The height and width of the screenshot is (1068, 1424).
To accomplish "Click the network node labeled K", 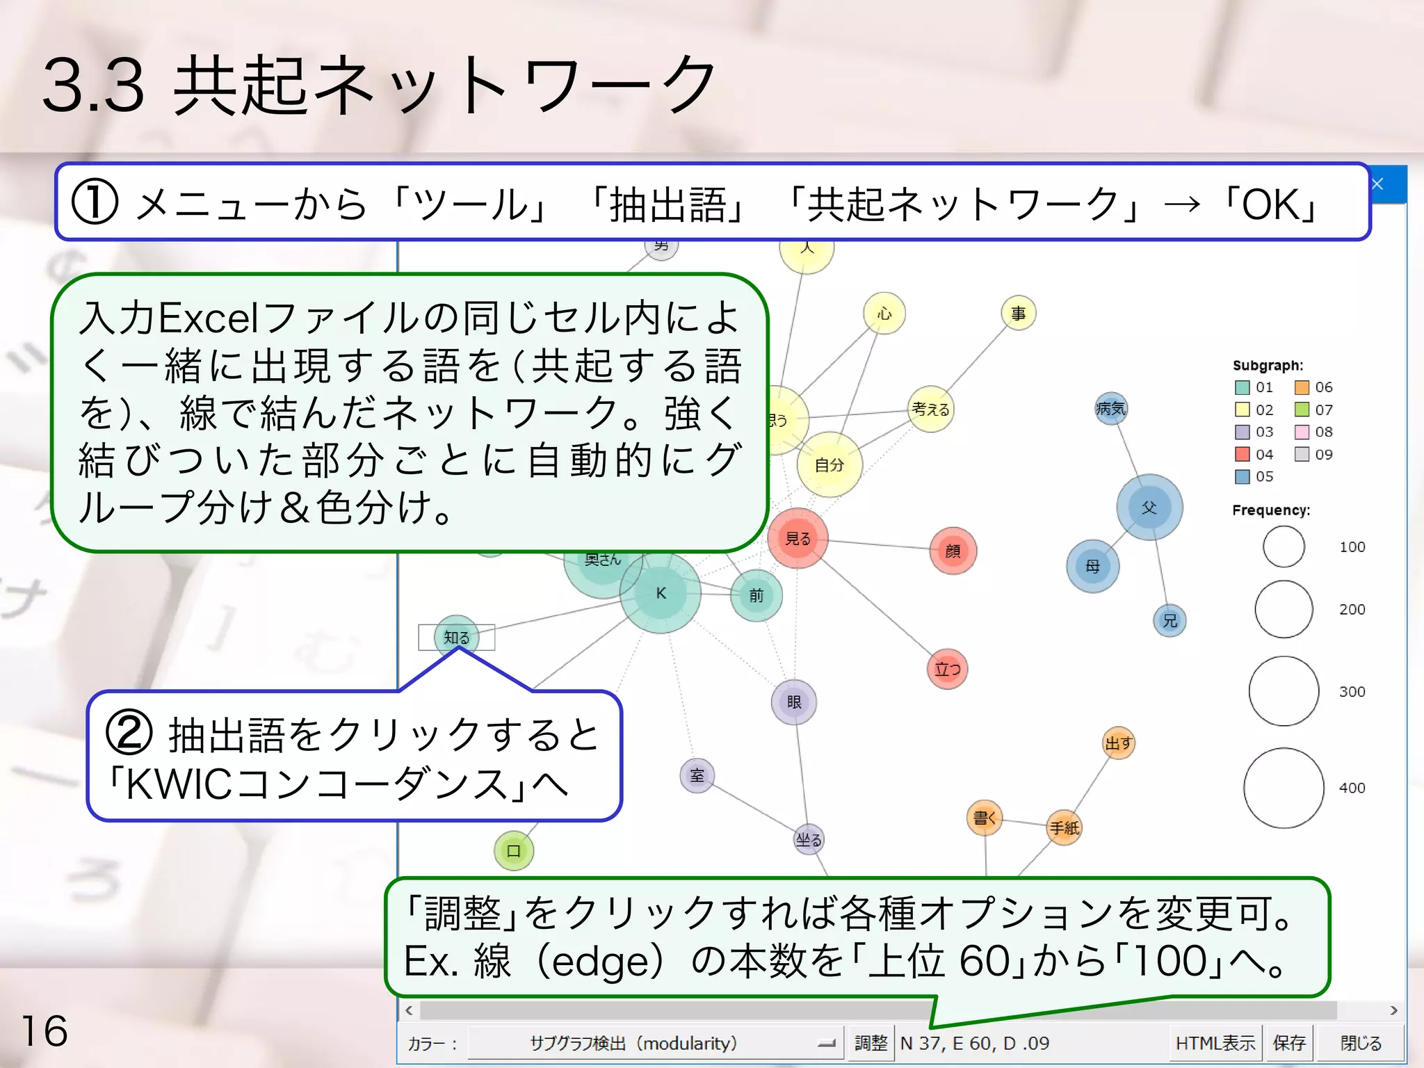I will coord(661,593).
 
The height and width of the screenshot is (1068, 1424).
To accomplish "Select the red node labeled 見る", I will coord(798,538).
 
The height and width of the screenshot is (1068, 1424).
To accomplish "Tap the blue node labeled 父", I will coord(1149,508).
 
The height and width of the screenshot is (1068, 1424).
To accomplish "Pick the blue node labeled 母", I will coord(1092,566).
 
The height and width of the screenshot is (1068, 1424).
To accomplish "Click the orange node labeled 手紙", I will coord(1064,827).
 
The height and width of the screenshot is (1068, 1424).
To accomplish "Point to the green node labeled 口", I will coord(514,850).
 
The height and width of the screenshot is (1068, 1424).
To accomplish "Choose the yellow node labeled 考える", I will coord(930,410).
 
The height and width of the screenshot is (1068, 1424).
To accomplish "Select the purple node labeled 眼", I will coord(794,702).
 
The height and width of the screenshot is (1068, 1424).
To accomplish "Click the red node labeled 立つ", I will coord(947,669).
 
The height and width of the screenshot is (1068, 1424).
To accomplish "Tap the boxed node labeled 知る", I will coord(457,637).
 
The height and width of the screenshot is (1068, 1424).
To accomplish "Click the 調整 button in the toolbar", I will coord(871,1043).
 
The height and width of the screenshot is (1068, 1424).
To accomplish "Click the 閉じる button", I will coord(1361,1043).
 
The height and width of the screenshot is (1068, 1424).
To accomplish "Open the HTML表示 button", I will coord(1215,1043).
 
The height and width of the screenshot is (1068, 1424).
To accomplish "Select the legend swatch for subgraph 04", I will coord(1243,454).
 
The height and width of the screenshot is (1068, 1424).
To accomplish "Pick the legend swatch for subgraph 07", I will coord(1302,410).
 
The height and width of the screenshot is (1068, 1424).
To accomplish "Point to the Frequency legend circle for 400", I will coord(1284,788).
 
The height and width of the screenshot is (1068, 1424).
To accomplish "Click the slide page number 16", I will coord(44,1030).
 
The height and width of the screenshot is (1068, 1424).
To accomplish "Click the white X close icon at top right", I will coord(1377,184).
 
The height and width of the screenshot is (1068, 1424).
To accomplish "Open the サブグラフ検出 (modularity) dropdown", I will coord(654,1043).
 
